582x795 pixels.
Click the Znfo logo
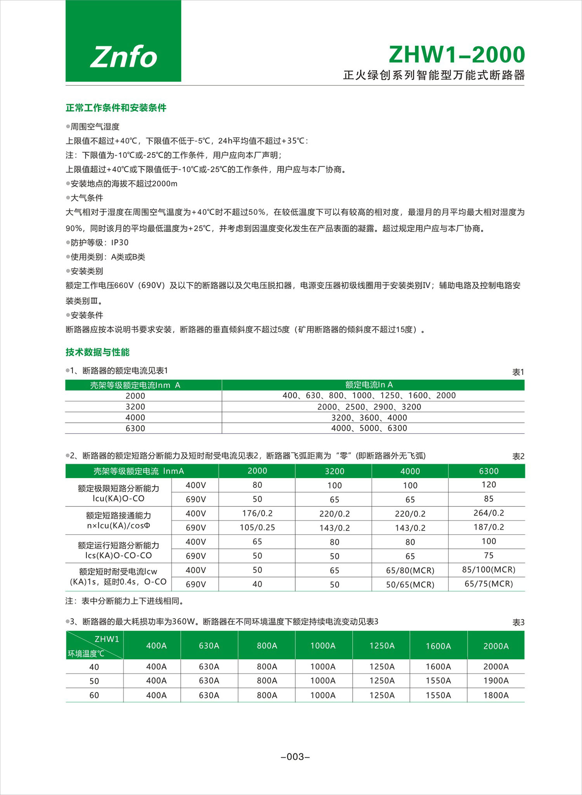tap(123, 57)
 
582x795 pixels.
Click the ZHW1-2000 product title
tap(457, 55)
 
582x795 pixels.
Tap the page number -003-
tap(295, 757)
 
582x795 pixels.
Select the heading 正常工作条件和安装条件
tap(116, 108)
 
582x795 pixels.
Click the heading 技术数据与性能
tap(97, 352)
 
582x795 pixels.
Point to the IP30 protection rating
tap(120, 243)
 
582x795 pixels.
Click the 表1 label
tap(518, 372)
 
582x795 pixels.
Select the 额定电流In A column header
tap(369, 385)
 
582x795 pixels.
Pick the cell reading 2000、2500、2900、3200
tap(369, 407)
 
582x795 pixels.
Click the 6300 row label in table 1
tap(135, 429)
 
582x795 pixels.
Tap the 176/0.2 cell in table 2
tap(257, 513)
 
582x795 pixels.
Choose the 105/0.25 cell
tap(257, 527)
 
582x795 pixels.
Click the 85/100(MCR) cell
tap(488, 570)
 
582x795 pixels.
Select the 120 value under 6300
tap(488, 485)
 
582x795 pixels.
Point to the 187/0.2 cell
tap(488, 527)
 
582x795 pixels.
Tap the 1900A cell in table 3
tap(496, 681)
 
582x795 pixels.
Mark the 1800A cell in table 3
tap(496, 695)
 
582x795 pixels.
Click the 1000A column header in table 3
tap(323, 646)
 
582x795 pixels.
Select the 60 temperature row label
tap(94, 695)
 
